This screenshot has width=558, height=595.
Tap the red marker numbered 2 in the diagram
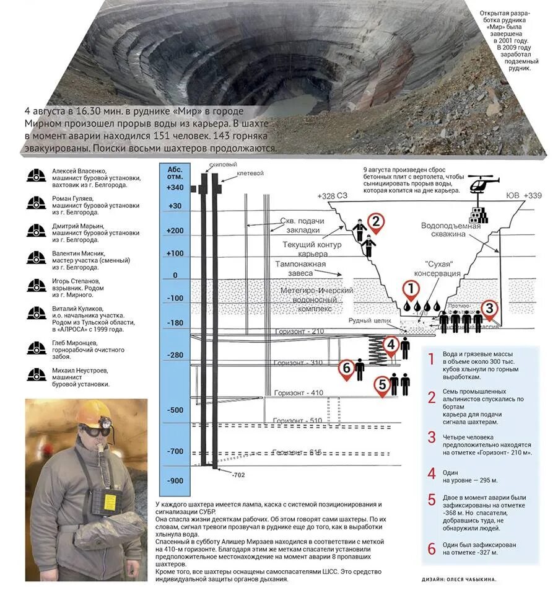click(374, 222)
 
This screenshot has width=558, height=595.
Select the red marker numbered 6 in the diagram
click(346, 369)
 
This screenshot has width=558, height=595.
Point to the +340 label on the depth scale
click(175, 188)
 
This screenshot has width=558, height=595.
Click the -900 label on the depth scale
click(175, 480)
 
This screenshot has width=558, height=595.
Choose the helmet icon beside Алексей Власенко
click(37, 175)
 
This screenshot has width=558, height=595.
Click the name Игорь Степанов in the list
click(73, 281)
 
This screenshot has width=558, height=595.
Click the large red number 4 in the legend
click(432, 474)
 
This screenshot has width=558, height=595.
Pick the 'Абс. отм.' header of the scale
click(175, 170)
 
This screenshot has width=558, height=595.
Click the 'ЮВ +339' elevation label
click(523, 196)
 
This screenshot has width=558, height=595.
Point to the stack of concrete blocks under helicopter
click(478, 213)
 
